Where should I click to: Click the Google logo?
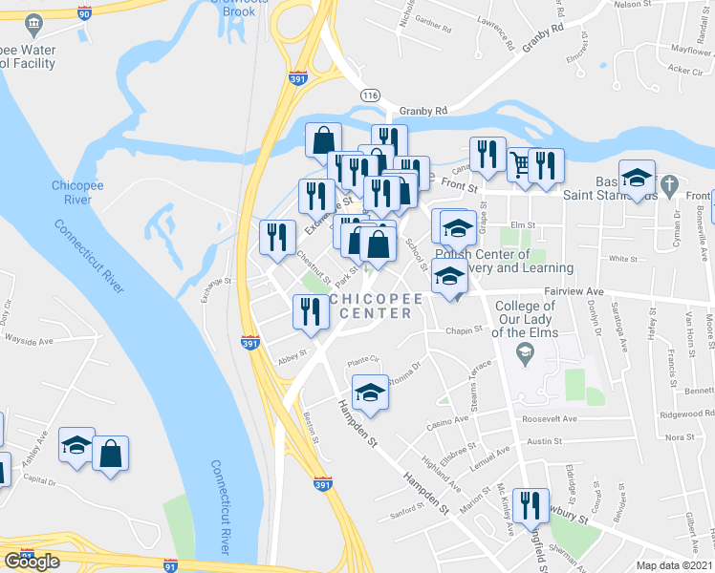point(32,562)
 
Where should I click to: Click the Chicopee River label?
point(73,191)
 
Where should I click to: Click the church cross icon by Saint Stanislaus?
point(670,183)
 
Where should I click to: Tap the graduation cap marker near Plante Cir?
point(371,392)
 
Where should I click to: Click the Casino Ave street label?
point(447,419)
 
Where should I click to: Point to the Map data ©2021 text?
point(675,566)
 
